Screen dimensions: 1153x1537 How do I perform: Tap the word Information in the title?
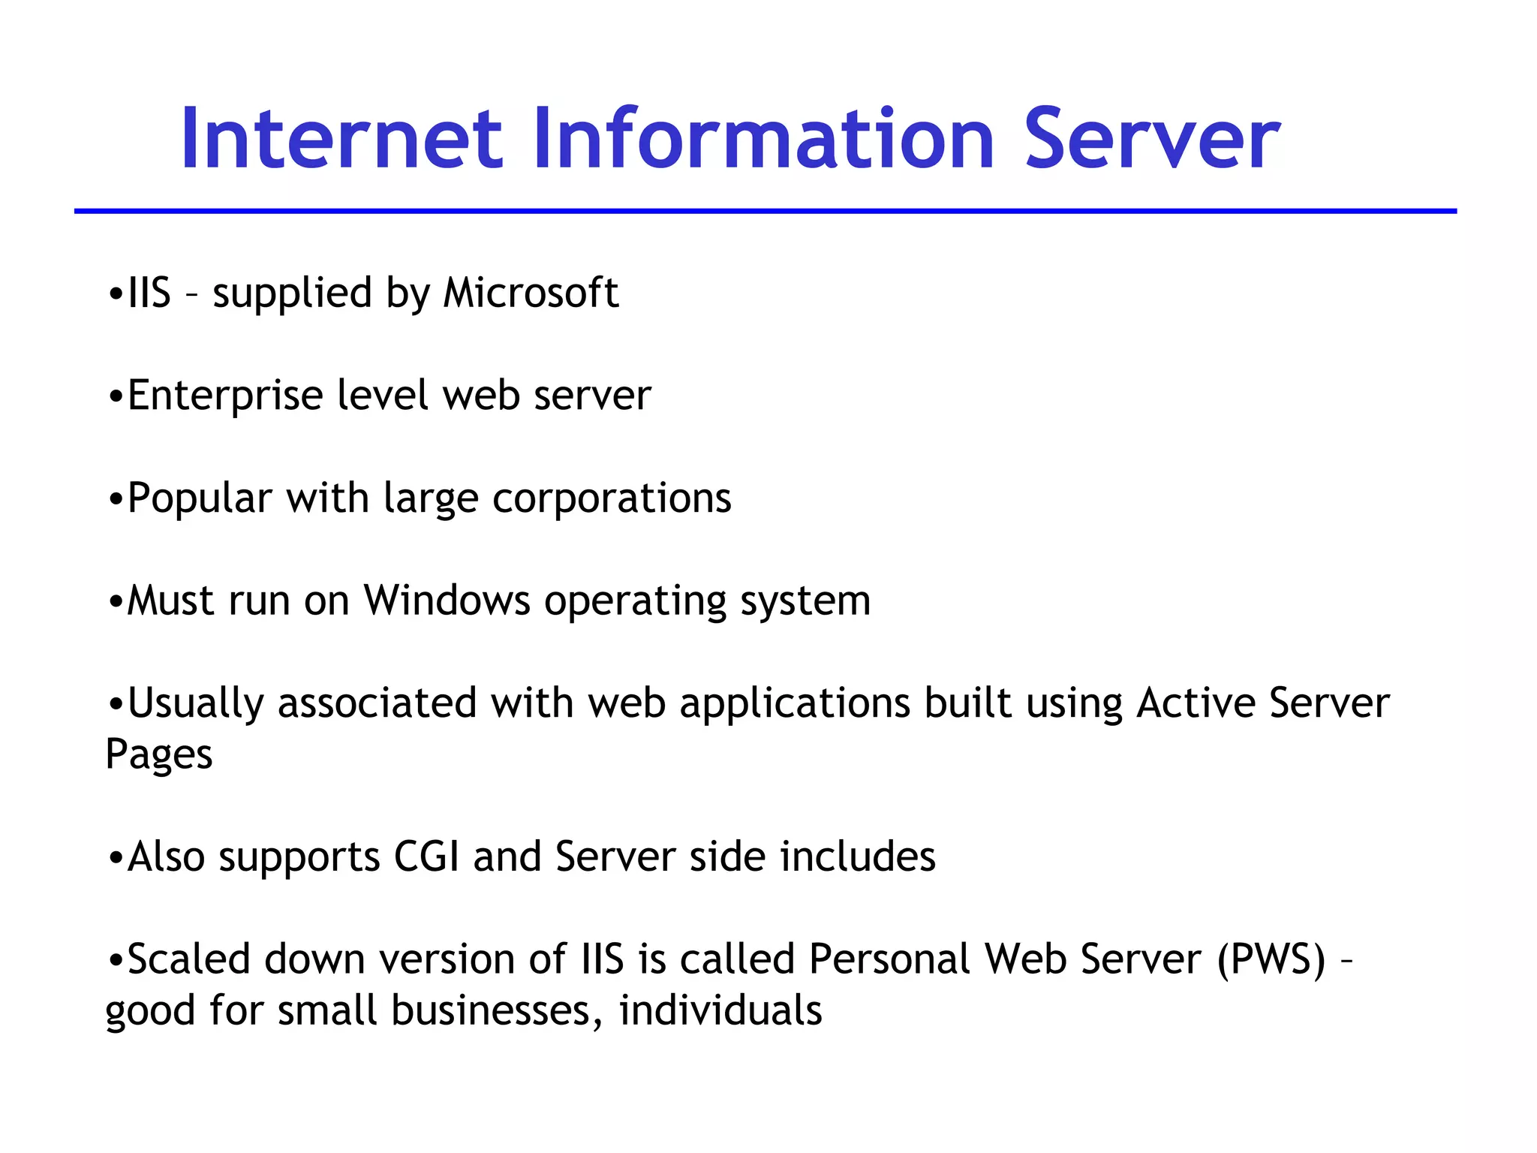point(763,140)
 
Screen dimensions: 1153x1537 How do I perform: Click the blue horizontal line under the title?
point(765,212)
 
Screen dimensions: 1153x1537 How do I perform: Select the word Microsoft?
point(531,293)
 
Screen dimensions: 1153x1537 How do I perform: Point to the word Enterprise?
point(225,396)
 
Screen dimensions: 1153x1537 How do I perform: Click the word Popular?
point(200,498)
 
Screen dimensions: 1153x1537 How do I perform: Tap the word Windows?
point(447,601)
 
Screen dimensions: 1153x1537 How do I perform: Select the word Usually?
point(195,704)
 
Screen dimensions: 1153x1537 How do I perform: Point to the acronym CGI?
point(426,856)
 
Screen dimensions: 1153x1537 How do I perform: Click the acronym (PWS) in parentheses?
point(1271,959)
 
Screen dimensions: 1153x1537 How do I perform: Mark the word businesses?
point(497,1010)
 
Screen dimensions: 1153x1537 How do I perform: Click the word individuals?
point(720,1010)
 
